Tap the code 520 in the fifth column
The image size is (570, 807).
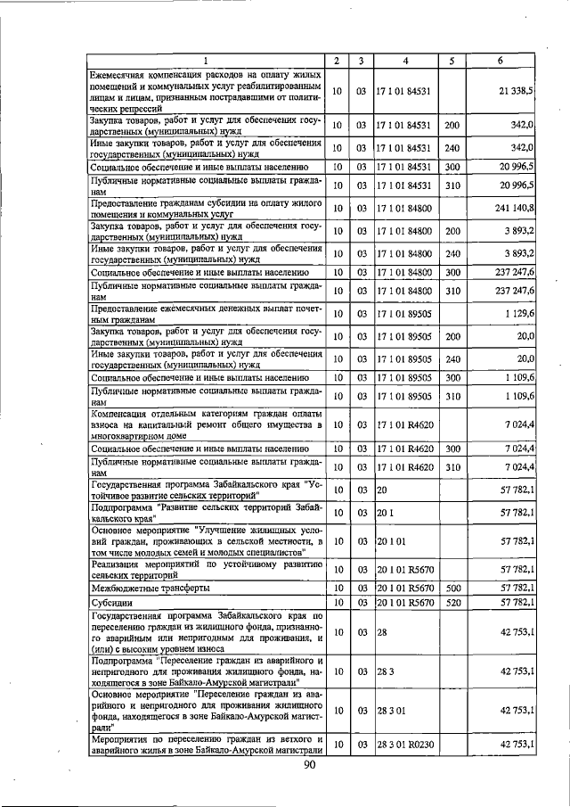(x=452, y=604)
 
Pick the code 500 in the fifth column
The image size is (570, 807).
(x=452, y=588)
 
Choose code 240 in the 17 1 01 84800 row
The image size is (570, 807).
(x=452, y=252)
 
